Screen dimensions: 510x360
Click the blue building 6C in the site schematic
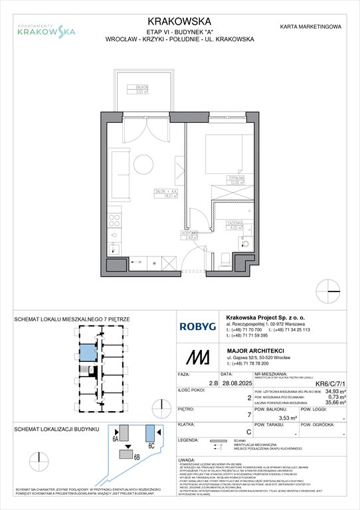pyautogui.click(x=150, y=431)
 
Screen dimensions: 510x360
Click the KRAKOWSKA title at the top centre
pyautogui.click(x=179, y=21)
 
